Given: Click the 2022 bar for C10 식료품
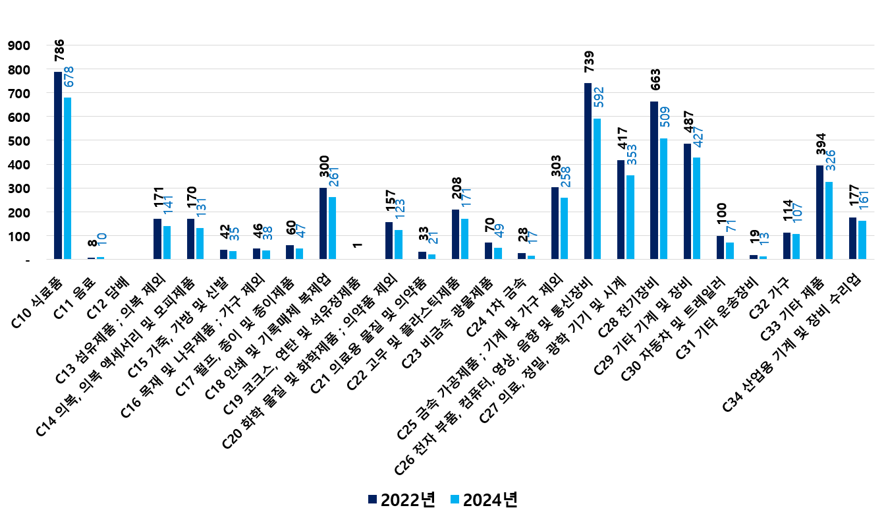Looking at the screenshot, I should [58, 165].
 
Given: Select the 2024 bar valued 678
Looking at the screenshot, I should [68, 178].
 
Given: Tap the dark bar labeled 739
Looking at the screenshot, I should [588, 171].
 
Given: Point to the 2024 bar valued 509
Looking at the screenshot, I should [663, 198].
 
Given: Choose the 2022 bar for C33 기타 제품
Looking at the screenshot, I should [819, 212].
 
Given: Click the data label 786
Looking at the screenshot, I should [59, 51].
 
